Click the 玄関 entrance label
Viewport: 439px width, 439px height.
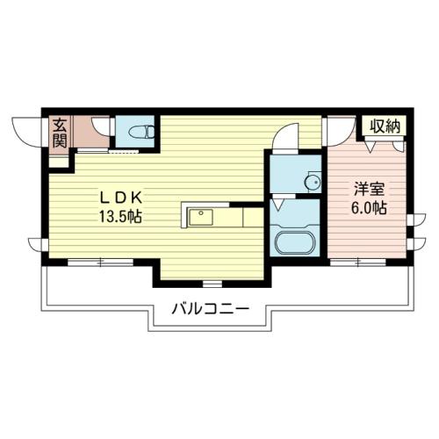[x=60, y=133]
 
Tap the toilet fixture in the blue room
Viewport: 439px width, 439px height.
[x=141, y=132]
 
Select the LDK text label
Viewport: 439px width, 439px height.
[x=121, y=198]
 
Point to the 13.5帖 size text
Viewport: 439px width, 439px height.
[x=120, y=217]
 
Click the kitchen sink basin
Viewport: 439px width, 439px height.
[x=201, y=217]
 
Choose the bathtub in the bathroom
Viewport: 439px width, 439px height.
[x=295, y=243]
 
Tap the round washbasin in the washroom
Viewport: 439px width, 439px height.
[x=313, y=183]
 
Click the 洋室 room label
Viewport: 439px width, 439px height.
[x=369, y=189]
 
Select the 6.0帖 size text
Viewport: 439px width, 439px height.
[x=369, y=208]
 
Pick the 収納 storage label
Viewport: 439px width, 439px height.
[x=385, y=126]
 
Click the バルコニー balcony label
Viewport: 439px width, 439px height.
[x=210, y=309]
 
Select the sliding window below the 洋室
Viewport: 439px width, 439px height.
[x=358, y=263]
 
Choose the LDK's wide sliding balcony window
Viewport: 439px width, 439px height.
[x=101, y=263]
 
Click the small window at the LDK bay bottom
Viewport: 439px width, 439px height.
[x=212, y=284]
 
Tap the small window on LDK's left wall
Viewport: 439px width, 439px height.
[x=37, y=245]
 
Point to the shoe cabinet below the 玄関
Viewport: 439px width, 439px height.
[x=59, y=162]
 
